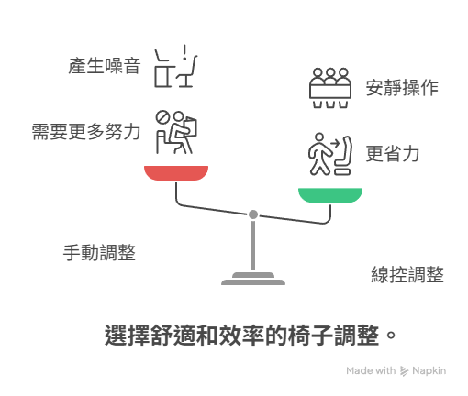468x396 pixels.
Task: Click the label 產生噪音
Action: pyautogui.click(x=105, y=66)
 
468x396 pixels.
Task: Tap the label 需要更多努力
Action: pyautogui.click(x=86, y=132)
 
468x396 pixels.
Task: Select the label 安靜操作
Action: pyautogui.click(x=402, y=88)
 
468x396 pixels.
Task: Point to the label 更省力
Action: pyautogui.click(x=393, y=154)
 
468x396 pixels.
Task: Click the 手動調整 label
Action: pyautogui.click(x=99, y=253)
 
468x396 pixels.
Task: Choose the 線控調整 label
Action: pyautogui.click(x=407, y=274)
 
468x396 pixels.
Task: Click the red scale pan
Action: pyautogui.click(x=176, y=173)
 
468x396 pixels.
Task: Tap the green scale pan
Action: pyautogui.click(x=330, y=195)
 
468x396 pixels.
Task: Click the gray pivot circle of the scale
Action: pyautogui.click(x=253, y=214)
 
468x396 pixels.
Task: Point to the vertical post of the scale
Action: pyautogui.click(x=253, y=246)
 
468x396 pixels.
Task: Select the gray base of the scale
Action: pyautogui.click(x=253, y=279)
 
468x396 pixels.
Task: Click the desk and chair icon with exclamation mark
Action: pyautogui.click(x=175, y=67)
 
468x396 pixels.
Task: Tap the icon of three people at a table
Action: pyautogui.click(x=330, y=88)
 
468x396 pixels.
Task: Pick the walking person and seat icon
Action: pyautogui.click(x=330, y=154)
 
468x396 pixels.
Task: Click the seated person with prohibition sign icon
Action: pyautogui.click(x=176, y=132)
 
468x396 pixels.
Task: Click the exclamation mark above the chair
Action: pyautogui.click(x=184, y=52)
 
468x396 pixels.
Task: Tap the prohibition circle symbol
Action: pyautogui.click(x=162, y=117)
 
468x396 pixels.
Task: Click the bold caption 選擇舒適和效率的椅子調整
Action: pyautogui.click(x=241, y=335)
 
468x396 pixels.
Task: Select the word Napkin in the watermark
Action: pyautogui.click(x=429, y=370)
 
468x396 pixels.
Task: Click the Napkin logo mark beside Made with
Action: pyautogui.click(x=404, y=371)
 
